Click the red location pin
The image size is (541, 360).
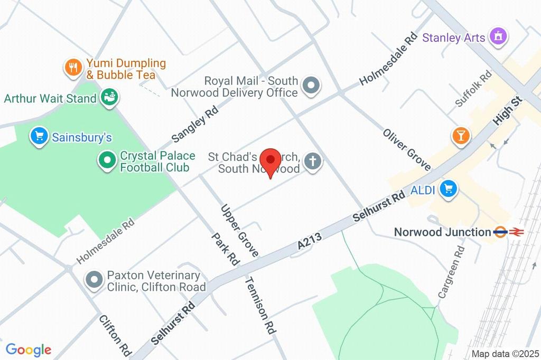click(x=272, y=160)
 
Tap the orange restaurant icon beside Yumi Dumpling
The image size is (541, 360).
click(x=72, y=67)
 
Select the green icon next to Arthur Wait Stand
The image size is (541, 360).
click(x=110, y=98)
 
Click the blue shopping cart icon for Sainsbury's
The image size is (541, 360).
click(x=39, y=137)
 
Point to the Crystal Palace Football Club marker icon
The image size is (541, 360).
click(x=107, y=160)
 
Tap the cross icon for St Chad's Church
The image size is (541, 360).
click(x=313, y=162)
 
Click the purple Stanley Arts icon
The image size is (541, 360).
click(x=498, y=36)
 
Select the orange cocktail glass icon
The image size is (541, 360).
click(x=461, y=135)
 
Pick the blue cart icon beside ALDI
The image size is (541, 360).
click(x=449, y=190)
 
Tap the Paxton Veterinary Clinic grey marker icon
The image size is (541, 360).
click(x=95, y=280)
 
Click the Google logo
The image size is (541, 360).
click(x=28, y=349)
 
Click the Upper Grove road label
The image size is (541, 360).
click(x=240, y=231)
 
